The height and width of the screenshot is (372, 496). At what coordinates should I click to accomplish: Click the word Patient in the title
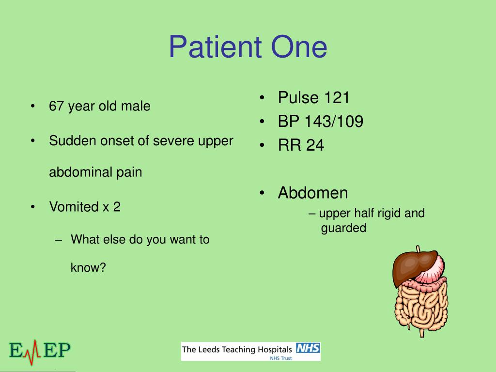click(216, 47)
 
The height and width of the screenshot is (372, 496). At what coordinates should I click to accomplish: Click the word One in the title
click(299, 47)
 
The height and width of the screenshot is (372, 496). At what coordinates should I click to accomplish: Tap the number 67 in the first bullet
click(57, 106)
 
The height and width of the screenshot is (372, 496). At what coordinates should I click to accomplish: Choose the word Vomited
click(74, 206)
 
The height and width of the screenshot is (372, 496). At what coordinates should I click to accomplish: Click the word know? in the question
click(88, 267)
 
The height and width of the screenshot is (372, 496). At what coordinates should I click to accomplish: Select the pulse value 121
click(337, 97)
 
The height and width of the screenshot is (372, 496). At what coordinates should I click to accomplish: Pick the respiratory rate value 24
click(315, 145)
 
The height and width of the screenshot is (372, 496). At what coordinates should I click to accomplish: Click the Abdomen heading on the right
click(313, 193)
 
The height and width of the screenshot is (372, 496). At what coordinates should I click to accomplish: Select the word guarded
click(343, 228)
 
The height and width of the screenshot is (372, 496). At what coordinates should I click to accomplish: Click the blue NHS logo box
click(308, 348)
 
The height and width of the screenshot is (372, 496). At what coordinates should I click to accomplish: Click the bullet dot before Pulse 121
click(262, 97)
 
